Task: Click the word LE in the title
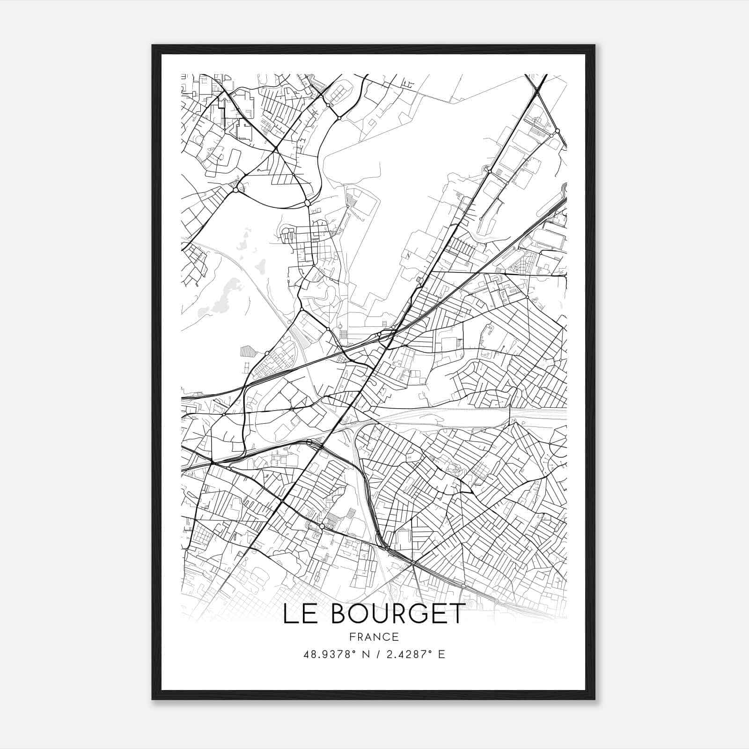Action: coord(300,614)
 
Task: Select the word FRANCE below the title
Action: coord(374,637)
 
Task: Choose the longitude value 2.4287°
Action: coord(407,654)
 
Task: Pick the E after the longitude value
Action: coord(441,654)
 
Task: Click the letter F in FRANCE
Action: coord(351,637)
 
